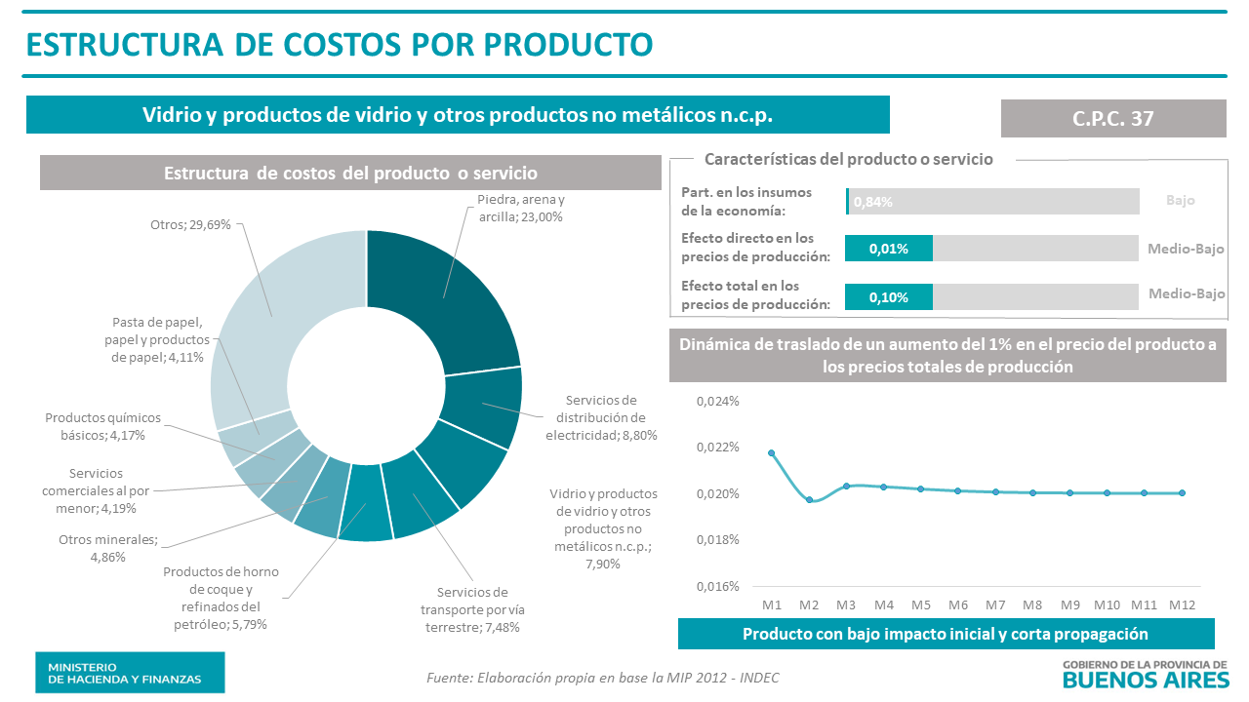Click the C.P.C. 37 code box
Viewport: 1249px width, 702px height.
[x=1113, y=118]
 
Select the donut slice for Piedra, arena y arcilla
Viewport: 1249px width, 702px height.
[x=449, y=292]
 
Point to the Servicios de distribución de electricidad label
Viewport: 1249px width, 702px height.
[x=601, y=417]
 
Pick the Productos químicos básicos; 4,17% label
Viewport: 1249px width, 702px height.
[x=102, y=426]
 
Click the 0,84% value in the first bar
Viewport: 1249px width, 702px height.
[x=873, y=202]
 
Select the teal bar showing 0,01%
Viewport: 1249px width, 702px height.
[x=888, y=249]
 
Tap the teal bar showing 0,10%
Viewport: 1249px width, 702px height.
[x=888, y=297]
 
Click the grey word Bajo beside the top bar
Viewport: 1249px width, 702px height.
[x=1180, y=200]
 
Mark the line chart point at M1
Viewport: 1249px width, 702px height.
[x=772, y=453]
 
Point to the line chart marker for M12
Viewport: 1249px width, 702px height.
[x=1182, y=492]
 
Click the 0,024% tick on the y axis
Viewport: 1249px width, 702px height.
[x=717, y=401]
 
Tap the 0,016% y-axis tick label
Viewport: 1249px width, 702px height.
[x=717, y=586]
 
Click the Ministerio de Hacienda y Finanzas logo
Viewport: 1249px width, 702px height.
[x=130, y=672]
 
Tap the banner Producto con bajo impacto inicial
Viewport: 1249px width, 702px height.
[x=946, y=634]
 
